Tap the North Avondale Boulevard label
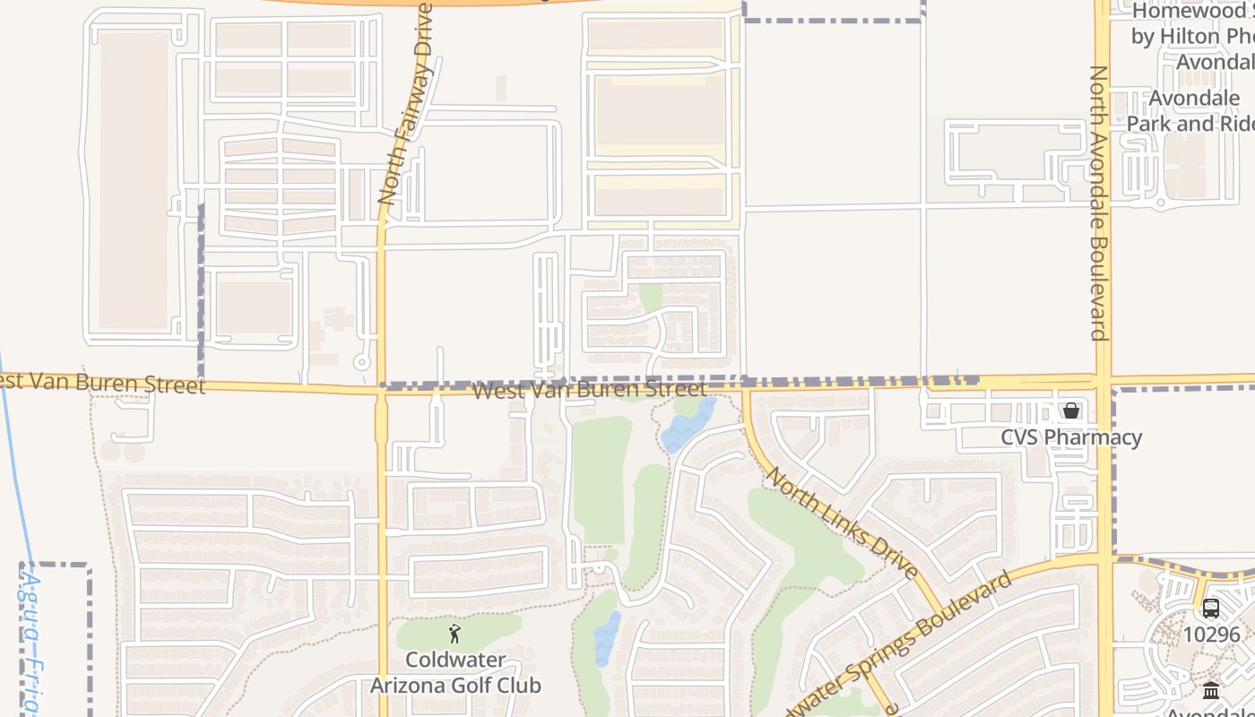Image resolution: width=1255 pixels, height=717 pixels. coord(1100,203)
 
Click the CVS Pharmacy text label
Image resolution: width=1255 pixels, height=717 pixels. coord(1071,437)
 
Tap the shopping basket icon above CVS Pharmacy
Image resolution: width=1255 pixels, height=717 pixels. coord(1071,410)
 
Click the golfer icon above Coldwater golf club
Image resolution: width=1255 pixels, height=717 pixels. coord(454,635)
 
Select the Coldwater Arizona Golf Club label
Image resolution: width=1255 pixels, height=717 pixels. coord(455,673)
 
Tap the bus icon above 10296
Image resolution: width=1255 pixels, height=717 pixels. coord(1210,608)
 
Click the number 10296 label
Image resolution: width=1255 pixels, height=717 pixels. coord(1211,635)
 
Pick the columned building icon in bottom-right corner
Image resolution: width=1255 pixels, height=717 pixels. coord(1211,690)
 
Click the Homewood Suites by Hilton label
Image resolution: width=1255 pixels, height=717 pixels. coord(1192,36)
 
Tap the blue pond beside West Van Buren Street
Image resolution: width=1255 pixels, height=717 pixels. coord(688,426)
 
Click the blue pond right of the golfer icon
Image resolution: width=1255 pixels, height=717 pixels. coord(607,638)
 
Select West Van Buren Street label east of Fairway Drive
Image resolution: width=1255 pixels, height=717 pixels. coord(589,390)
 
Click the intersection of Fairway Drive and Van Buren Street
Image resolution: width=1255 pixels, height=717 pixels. coord(380,388)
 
